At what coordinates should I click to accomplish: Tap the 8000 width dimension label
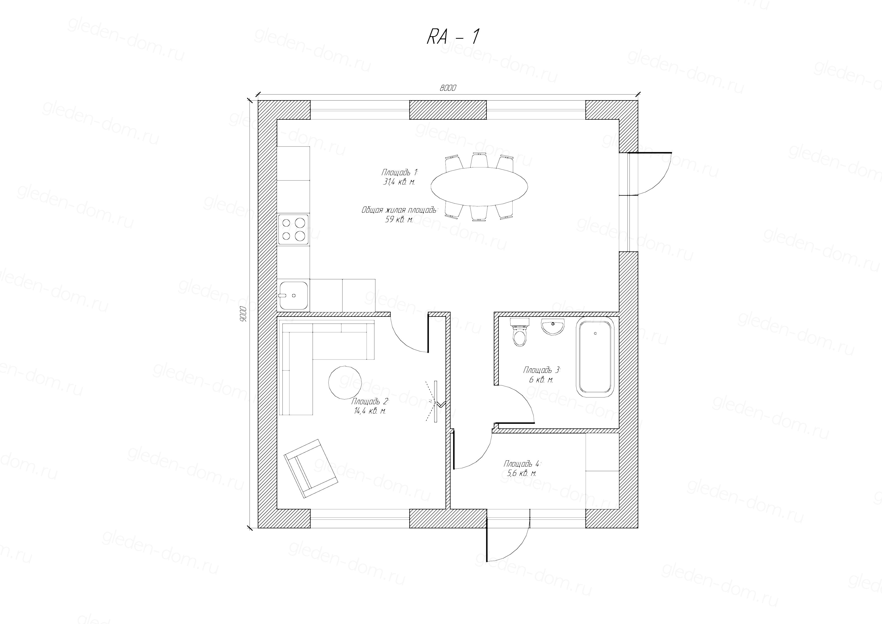point(448,88)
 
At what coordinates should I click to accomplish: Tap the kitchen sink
point(293,295)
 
